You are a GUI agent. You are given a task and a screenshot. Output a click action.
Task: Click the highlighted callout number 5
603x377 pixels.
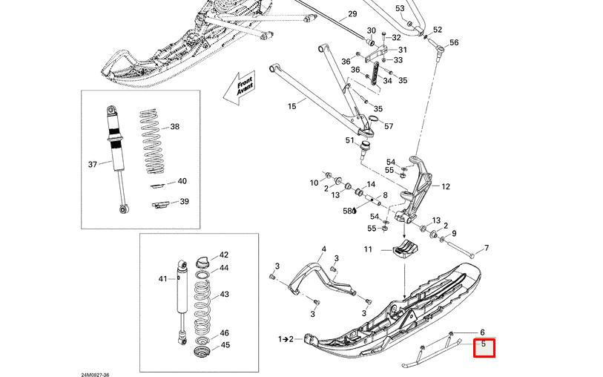[x=484, y=345]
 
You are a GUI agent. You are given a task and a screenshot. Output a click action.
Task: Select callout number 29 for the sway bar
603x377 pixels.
[x=352, y=14]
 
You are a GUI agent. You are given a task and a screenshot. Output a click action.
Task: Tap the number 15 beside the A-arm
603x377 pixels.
[x=291, y=106]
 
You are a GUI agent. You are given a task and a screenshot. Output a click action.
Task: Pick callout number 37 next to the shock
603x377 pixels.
[x=93, y=164]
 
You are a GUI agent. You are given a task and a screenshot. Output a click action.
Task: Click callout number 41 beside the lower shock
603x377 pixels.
[x=164, y=278]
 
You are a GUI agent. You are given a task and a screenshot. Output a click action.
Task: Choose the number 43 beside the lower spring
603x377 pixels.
[x=224, y=295]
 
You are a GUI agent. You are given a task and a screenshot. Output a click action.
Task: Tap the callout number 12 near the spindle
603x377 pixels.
[x=446, y=187]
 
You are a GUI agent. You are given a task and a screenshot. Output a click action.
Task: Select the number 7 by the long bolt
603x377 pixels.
[x=487, y=248]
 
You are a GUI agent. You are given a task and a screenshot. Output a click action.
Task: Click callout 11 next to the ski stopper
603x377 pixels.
[x=368, y=250]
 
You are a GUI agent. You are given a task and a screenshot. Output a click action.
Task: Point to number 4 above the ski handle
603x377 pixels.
[x=323, y=249]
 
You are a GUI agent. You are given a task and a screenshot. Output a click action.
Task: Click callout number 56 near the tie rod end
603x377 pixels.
[x=454, y=42]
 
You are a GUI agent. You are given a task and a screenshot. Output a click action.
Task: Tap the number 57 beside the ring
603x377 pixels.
[x=389, y=126]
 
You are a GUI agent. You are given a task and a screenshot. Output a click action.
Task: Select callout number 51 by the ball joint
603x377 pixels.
[x=349, y=140]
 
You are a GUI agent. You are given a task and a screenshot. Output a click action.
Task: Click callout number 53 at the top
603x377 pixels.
[x=400, y=8]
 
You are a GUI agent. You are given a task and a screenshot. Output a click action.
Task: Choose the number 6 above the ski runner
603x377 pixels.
[x=482, y=332]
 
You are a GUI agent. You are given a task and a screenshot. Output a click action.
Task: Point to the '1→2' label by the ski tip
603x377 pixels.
[x=286, y=339]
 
